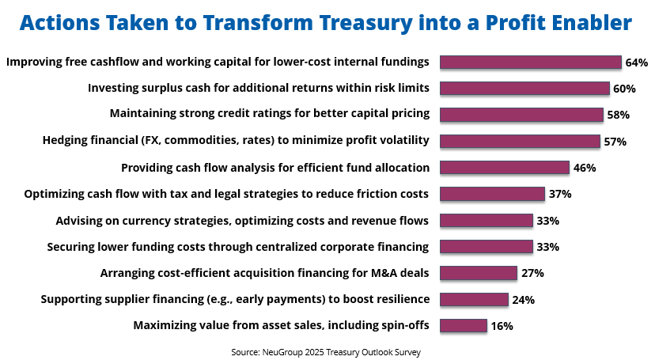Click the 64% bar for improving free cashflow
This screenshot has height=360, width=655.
coord(531,63)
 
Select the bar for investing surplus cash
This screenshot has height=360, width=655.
coord(524,89)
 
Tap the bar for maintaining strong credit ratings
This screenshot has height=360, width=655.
coord(522,115)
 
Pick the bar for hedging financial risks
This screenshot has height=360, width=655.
coord(520,141)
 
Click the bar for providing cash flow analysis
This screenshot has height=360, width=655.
coord(505,168)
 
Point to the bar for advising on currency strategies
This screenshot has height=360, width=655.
coord(487,220)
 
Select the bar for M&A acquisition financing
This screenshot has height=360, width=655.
coord(479,273)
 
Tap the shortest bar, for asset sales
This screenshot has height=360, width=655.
coord(464,326)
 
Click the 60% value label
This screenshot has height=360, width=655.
coord(624,89)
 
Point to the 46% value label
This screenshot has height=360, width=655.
coord(585,168)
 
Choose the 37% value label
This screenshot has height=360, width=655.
coord(560,194)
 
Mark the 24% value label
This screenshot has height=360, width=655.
coord(524,299)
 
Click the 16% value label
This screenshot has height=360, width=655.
coord(502,326)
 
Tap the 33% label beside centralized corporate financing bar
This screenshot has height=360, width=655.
coord(548,247)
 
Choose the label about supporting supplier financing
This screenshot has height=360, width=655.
coord(235,299)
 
